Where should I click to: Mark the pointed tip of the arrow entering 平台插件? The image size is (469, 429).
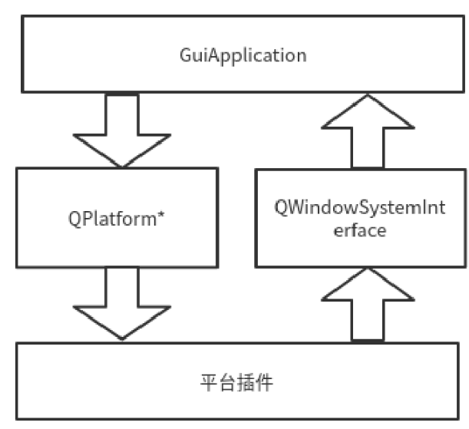coord(121,338)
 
